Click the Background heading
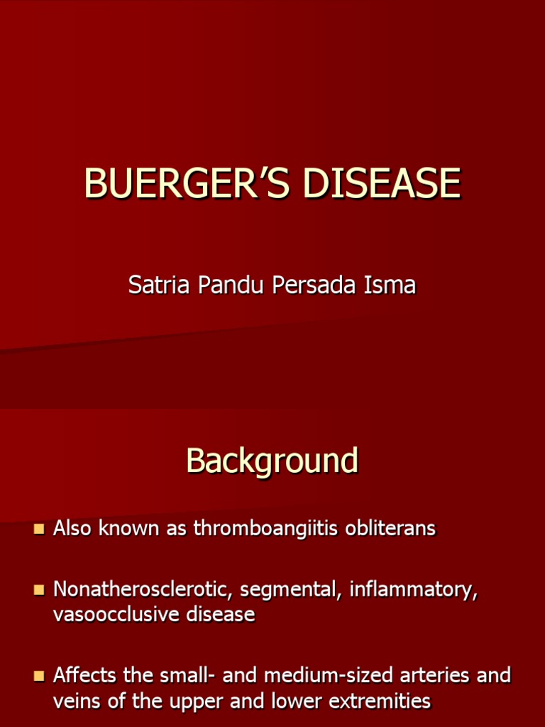[272, 461]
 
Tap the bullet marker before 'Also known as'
[39, 529]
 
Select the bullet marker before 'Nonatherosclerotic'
[39, 590]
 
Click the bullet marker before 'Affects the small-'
[39, 675]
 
